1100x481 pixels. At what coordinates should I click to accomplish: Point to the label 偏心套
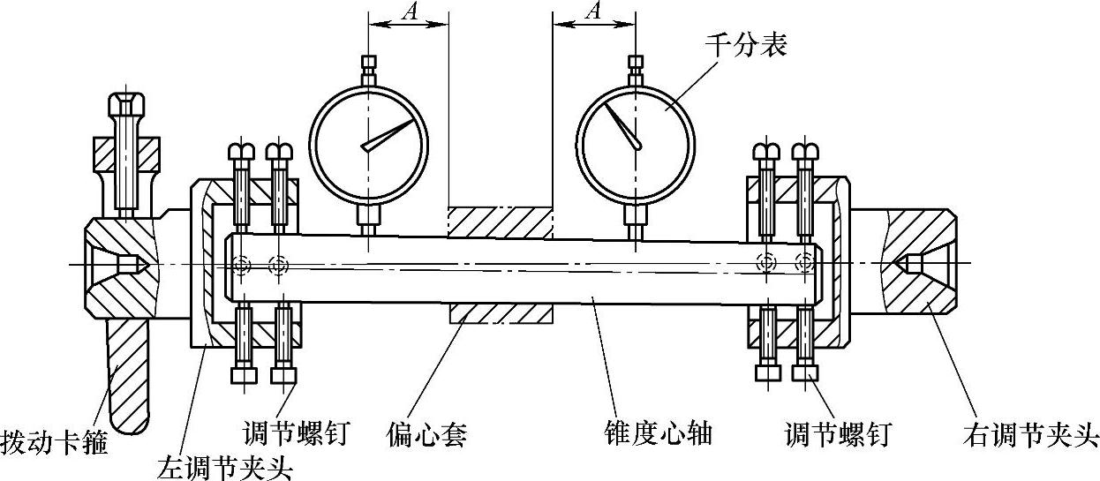[x=426, y=434]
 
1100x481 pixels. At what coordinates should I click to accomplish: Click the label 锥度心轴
[x=654, y=434]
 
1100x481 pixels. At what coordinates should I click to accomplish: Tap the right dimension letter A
[x=594, y=11]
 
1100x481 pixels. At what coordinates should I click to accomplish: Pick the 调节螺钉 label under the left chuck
[x=298, y=433]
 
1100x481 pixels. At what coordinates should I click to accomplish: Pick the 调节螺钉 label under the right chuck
[x=838, y=434]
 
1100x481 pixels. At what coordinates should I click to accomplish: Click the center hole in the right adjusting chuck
[x=910, y=264]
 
